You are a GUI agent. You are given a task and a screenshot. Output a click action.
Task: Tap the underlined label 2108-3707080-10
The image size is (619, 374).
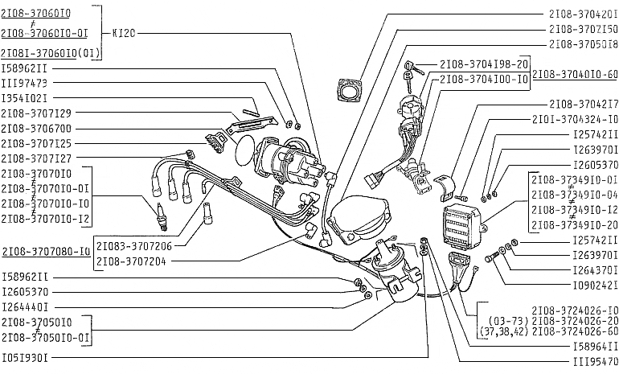46,251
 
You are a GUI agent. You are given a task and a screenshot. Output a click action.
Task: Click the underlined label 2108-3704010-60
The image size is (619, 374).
575,74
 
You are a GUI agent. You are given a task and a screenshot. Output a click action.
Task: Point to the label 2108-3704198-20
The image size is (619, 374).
484,64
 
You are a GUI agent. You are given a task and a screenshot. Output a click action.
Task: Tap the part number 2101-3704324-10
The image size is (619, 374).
575,119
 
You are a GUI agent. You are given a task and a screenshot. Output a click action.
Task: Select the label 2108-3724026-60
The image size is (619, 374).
575,331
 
